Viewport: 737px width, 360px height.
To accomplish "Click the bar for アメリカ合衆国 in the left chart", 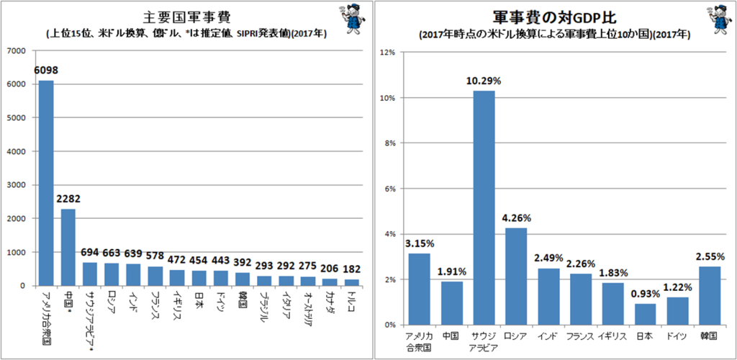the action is [x=46, y=184].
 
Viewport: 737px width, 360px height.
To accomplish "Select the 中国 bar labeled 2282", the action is [x=68, y=247].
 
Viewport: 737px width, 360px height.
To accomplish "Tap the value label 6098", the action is [x=46, y=71].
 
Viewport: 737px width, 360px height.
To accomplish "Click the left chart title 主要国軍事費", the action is [x=186, y=17].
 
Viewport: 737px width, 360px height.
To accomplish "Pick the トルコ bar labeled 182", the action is [x=353, y=282].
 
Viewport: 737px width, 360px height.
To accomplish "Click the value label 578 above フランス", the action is [x=155, y=256].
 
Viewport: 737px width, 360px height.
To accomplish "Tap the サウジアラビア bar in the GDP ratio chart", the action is [x=484, y=208].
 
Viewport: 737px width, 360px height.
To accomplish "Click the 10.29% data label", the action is [x=484, y=81].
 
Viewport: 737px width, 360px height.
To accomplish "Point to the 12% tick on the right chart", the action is [x=390, y=52].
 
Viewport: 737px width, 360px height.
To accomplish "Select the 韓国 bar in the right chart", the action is [x=710, y=296].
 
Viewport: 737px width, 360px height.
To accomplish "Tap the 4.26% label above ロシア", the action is [x=516, y=218].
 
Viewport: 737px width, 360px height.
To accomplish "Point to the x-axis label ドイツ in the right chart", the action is [x=677, y=336].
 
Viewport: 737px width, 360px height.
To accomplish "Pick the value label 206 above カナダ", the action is [x=330, y=269].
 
